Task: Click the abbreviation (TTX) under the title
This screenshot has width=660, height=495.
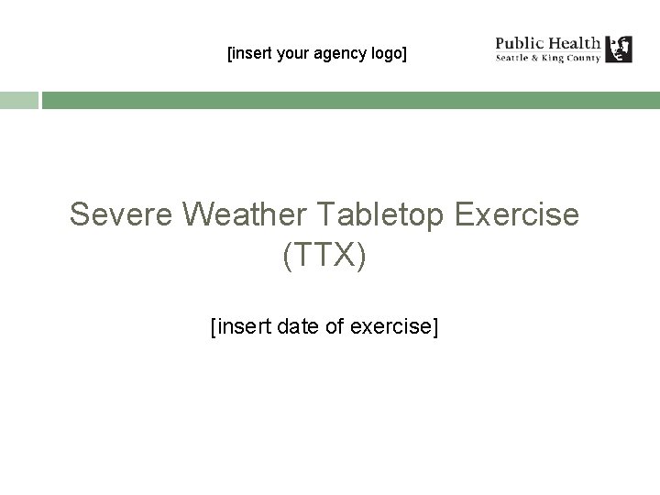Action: (324, 256)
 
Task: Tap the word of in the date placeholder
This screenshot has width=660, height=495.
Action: (335, 325)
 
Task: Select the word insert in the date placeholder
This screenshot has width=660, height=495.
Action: (240, 325)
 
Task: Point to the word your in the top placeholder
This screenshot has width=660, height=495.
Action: (293, 54)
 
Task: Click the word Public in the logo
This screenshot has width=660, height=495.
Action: (519, 42)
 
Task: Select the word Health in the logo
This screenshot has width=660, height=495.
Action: (574, 42)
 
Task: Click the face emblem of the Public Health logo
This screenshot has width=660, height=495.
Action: (620, 49)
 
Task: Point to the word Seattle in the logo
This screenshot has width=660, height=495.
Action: (515, 58)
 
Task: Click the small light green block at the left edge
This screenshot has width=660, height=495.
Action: (18, 100)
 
